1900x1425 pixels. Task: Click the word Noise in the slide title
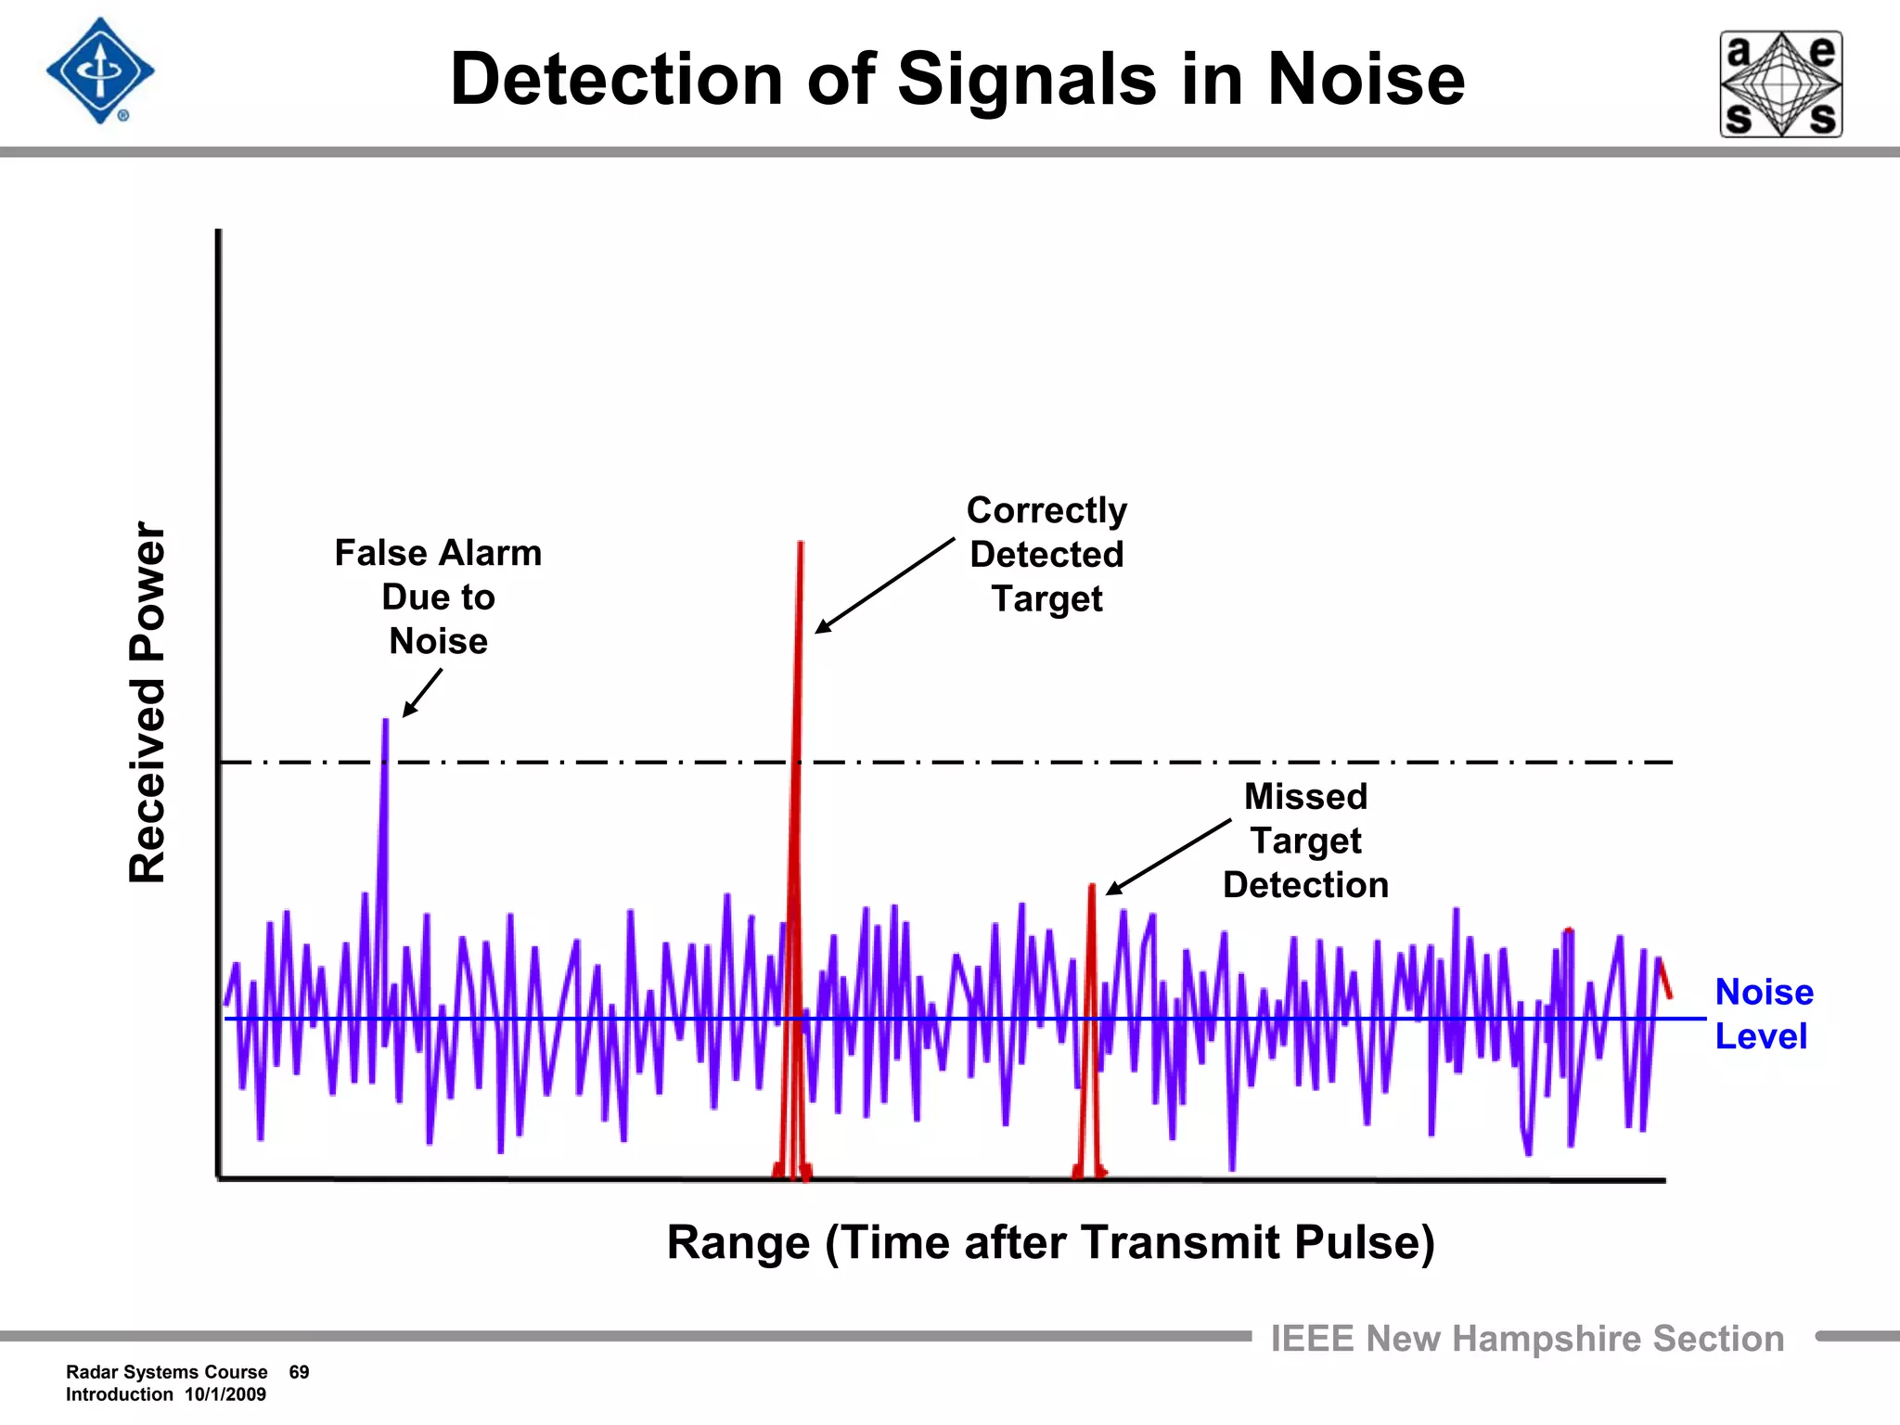pyautogui.click(x=1366, y=80)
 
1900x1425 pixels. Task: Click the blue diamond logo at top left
pyautogui.click(x=100, y=71)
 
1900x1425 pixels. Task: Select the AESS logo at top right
pyautogui.click(x=1781, y=84)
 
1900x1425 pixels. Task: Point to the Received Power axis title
pyautogui.click(x=148, y=701)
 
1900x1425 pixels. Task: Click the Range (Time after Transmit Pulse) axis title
pyautogui.click(x=1050, y=1242)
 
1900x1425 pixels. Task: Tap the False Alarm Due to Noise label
pyautogui.click(x=438, y=597)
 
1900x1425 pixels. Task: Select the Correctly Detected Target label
pyautogui.click(x=1046, y=554)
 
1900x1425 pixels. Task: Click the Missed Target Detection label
pyautogui.click(x=1305, y=841)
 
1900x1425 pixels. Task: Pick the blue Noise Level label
pyautogui.click(x=1763, y=1014)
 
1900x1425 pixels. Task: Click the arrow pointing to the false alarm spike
pyautogui.click(x=422, y=693)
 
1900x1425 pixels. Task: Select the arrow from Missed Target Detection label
pyautogui.click(x=1168, y=856)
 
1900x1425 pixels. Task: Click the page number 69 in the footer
pyautogui.click(x=299, y=1372)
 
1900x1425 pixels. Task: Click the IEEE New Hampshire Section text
pyautogui.click(x=1527, y=1339)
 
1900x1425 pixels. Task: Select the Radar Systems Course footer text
pyautogui.click(x=166, y=1372)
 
